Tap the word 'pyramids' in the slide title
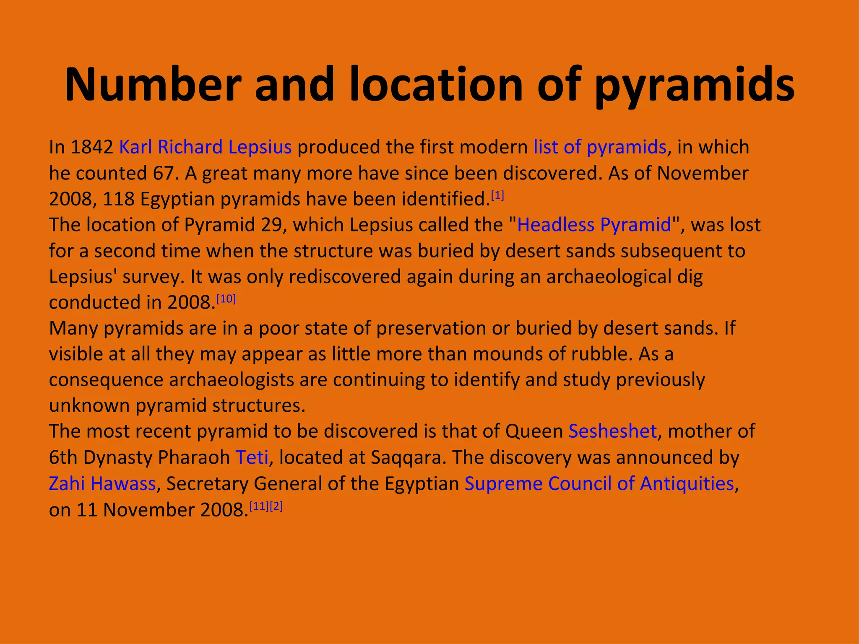(x=695, y=85)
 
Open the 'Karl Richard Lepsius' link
(x=205, y=147)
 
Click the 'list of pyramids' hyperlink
(x=600, y=147)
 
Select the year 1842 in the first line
(x=92, y=147)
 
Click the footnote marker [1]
(x=497, y=195)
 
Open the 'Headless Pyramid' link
(x=594, y=225)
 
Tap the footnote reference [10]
(x=226, y=299)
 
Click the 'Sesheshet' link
(x=612, y=431)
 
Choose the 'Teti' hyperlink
(x=252, y=457)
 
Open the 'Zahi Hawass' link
(x=102, y=483)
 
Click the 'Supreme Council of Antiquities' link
(x=599, y=483)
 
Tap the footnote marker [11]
(x=259, y=506)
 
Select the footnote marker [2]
(x=276, y=506)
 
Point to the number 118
(x=119, y=199)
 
